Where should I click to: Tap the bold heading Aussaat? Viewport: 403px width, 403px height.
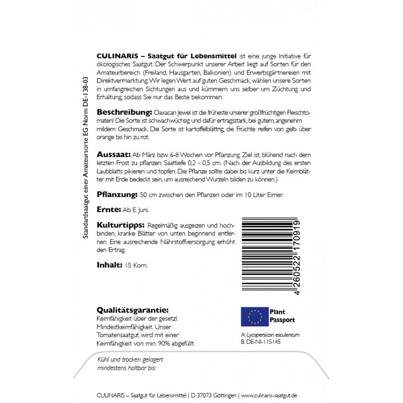113,154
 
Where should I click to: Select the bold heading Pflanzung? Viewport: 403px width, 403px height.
116,194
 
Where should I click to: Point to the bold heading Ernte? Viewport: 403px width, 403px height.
107,209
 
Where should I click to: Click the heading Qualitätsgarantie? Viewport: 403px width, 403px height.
132,310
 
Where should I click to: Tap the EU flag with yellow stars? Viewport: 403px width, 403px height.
255,316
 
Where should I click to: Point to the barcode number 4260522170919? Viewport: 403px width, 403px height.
298,257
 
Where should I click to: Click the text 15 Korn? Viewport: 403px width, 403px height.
137,265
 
